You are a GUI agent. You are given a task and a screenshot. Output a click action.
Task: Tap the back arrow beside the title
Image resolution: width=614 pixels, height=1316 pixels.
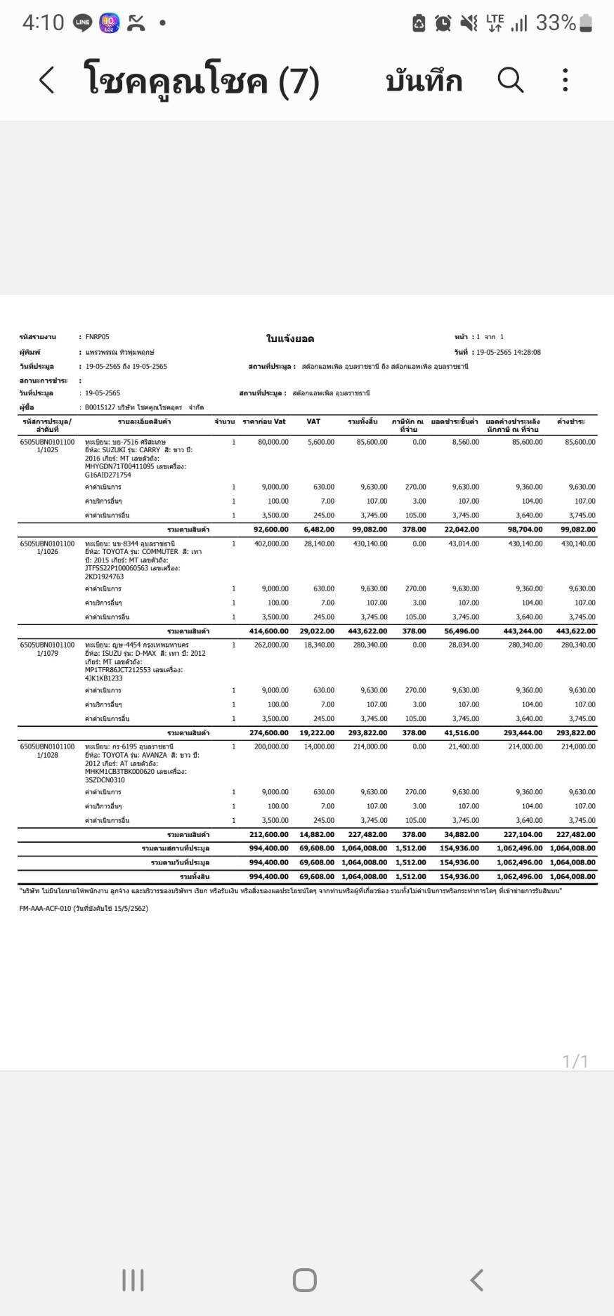pos(46,80)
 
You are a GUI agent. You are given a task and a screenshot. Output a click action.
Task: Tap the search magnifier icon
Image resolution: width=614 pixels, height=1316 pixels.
pos(511,80)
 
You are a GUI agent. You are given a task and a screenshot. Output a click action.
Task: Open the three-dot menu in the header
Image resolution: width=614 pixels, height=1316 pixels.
pos(565,80)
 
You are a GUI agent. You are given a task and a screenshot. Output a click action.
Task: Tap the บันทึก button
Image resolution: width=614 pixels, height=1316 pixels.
pos(424,81)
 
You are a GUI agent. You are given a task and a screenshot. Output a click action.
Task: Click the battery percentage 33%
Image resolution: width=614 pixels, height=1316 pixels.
pos(555,23)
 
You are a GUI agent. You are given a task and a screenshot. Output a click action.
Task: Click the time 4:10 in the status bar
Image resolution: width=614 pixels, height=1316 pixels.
pos(43,23)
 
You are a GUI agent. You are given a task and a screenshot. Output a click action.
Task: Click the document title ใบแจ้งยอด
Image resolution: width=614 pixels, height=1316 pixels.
pos(289,339)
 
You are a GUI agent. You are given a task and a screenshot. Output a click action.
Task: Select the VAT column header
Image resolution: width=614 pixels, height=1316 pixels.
pos(313,421)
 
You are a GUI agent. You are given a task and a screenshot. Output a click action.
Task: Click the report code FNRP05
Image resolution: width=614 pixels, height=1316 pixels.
pos(98,337)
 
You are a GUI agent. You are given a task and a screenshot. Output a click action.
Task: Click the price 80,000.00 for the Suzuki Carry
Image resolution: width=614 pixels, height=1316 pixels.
pos(273,442)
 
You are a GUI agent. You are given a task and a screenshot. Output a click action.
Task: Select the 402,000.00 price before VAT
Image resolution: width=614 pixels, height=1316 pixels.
pos(270,544)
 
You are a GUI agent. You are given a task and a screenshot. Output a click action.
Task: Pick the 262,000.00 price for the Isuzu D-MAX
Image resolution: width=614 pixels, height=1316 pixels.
pos(270,645)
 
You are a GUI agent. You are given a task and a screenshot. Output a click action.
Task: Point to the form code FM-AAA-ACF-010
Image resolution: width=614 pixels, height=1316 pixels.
pos(46,908)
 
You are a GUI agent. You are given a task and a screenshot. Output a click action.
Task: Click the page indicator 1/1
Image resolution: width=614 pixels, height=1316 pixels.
pos(575,1061)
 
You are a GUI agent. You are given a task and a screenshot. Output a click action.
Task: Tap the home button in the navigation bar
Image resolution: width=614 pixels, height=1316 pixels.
pos(304,1279)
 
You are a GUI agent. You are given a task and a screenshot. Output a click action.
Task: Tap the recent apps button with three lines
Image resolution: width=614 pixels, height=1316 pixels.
pos(133,1279)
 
